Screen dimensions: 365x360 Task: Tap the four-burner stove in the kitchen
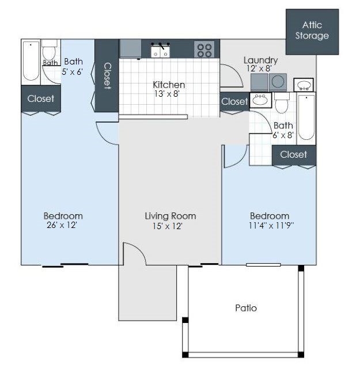pos(205,50)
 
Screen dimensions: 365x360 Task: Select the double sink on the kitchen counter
pos(160,51)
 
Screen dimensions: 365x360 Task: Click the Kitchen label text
pos(169,85)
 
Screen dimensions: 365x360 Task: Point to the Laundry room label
pos(260,60)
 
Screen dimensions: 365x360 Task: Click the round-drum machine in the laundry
pos(278,82)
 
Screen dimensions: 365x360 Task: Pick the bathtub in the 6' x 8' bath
pos(306,119)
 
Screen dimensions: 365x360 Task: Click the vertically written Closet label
pos(107,75)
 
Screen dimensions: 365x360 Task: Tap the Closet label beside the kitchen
pos(234,101)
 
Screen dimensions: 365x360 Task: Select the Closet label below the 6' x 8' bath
pos(294,154)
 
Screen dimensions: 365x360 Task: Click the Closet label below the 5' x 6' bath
pos(41,98)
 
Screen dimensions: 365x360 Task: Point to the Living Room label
pos(170,216)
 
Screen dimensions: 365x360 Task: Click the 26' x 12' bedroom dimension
pos(63,226)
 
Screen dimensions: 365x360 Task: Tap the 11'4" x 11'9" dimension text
pos(270,226)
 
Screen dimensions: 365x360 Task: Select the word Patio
pos(246,308)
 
